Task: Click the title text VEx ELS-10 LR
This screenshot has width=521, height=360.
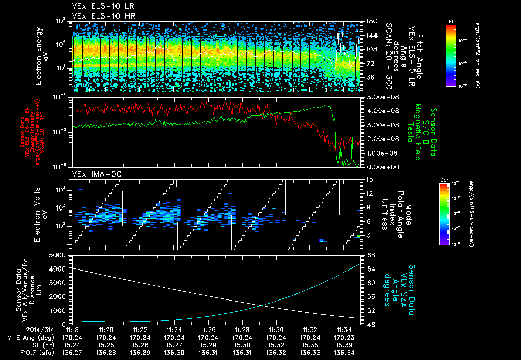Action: pyautogui.click(x=100, y=7)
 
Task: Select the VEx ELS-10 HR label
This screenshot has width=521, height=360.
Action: pyautogui.click(x=100, y=16)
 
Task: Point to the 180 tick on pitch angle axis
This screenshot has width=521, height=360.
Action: pyautogui.click(x=370, y=21)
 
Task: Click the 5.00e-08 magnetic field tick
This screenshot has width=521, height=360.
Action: pyautogui.click(x=378, y=97)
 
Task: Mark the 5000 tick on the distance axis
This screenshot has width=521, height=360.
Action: pyautogui.click(x=60, y=254)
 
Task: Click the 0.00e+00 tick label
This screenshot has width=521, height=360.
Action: pyautogui.click(x=378, y=167)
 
